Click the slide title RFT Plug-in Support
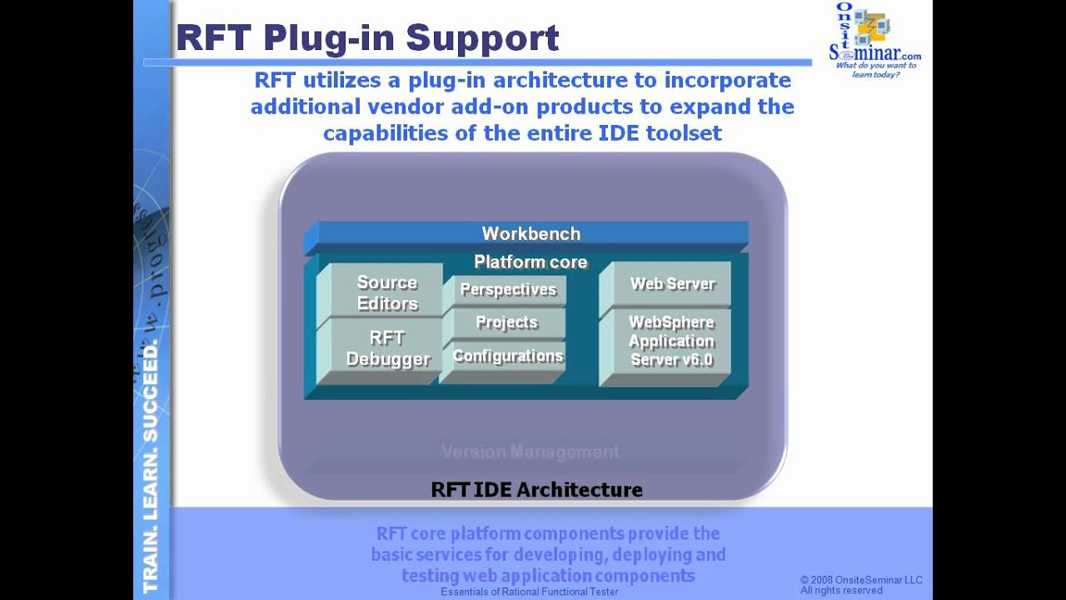[x=367, y=38]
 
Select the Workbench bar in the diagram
[x=531, y=234]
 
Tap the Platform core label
[x=531, y=262]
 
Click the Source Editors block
[x=386, y=292]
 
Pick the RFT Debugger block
[x=386, y=348]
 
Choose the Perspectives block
[x=507, y=290]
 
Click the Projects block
[x=506, y=322]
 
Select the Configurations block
[x=507, y=357]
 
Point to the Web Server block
[x=671, y=284]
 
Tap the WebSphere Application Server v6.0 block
[x=670, y=342]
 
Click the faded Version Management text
[x=530, y=452]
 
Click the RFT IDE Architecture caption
[x=536, y=489]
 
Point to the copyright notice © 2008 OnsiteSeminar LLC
[x=861, y=580]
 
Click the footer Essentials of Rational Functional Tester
[x=530, y=592]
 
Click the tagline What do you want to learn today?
[x=875, y=70]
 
